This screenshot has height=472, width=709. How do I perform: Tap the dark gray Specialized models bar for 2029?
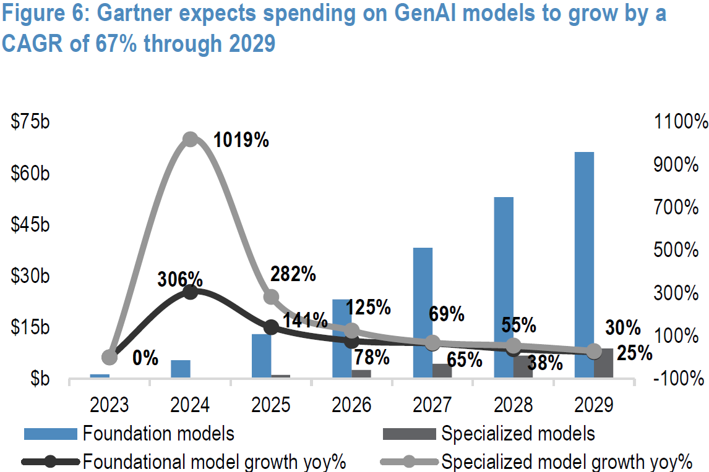click(x=603, y=363)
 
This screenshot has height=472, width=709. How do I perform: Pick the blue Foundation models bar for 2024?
click(x=180, y=368)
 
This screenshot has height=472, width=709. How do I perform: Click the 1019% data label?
click(x=241, y=140)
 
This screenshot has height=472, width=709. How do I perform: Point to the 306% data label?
click(x=181, y=279)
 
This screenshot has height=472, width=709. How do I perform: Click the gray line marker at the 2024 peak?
click(x=191, y=139)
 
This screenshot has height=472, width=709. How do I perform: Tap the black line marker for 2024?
click(x=191, y=292)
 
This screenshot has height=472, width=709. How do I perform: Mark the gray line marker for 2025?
click(x=271, y=297)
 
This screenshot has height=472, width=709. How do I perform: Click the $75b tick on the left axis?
click(x=30, y=122)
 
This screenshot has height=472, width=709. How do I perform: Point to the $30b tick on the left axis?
click(x=30, y=276)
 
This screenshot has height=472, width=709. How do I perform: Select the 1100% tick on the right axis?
click(x=680, y=122)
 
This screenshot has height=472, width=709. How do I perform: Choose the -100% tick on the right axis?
click(x=681, y=378)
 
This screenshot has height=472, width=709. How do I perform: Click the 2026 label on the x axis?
click(x=351, y=405)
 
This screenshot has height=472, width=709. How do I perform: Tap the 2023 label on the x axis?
click(x=110, y=405)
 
